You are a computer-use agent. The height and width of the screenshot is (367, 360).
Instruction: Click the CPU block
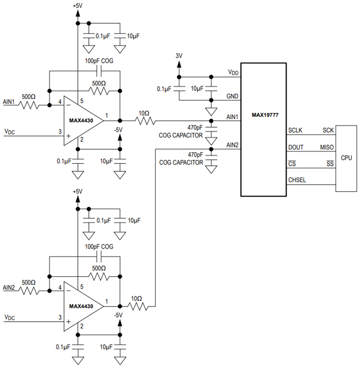[x=346, y=158]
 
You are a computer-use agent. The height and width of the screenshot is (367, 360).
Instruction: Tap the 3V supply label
[x=179, y=55]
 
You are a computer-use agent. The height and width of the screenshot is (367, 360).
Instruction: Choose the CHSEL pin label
[x=297, y=180]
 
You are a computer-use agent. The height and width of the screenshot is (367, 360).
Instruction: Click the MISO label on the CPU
[x=327, y=147]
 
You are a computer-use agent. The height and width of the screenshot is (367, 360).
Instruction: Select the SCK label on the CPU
[x=328, y=130]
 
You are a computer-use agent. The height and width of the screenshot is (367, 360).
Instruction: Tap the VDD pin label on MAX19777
[x=233, y=73]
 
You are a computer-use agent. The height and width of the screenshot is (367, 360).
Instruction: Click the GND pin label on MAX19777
[x=232, y=96]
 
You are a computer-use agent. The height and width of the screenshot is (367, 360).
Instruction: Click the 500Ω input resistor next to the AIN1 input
[x=29, y=105]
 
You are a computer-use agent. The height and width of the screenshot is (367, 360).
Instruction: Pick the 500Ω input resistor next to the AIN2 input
[x=29, y=290]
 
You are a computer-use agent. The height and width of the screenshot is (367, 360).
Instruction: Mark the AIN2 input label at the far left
[x=9, y=287]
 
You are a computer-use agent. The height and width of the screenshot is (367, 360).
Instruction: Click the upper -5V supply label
[x=118, y=130]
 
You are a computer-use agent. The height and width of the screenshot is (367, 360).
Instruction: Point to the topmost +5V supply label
[x=77, y=7]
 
